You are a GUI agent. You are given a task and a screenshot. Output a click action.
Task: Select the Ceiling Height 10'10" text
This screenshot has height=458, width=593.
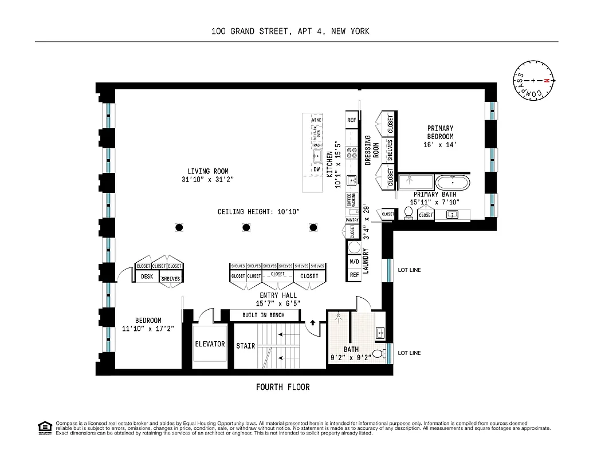258,212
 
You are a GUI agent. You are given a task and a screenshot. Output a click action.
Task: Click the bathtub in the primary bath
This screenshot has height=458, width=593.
453,184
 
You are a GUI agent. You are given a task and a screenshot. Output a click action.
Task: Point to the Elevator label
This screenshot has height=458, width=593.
210,345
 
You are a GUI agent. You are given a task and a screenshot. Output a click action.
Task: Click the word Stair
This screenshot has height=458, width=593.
245,346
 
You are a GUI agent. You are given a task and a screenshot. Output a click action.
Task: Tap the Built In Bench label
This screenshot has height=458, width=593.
263,315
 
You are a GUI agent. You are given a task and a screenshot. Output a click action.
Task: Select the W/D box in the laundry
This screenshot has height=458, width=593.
355,262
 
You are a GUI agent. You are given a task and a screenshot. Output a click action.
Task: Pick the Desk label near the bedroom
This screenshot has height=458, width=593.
147,277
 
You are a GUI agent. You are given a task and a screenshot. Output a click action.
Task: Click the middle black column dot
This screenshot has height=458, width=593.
246,228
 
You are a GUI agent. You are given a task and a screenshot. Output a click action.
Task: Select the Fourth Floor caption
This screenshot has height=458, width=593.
282,388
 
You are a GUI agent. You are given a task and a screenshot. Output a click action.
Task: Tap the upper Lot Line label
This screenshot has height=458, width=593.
409,269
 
